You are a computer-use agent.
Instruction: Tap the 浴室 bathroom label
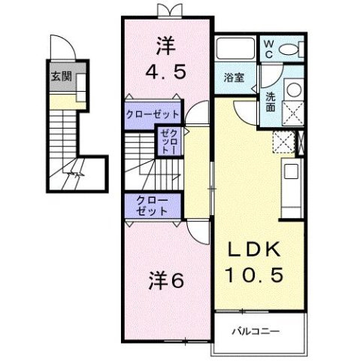234,77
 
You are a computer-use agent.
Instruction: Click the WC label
268,48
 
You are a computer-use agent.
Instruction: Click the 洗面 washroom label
270,101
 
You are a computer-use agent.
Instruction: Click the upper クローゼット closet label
153,114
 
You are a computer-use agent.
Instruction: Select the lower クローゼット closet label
153,205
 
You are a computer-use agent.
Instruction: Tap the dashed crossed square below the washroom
283,141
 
